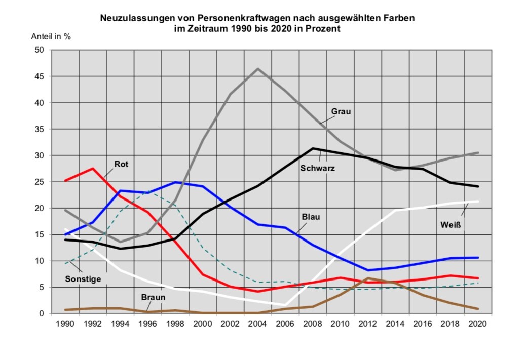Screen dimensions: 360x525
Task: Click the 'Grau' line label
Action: click(x=341, y=111)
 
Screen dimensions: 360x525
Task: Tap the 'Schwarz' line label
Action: click(x=318, y=168)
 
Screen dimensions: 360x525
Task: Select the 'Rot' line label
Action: click(x=121, y=164)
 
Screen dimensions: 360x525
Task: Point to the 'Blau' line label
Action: click(x=311, y=217)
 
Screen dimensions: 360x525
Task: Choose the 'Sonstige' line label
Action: click(x=83, y=278)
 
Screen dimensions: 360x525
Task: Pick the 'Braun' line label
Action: click(x=154, y=297)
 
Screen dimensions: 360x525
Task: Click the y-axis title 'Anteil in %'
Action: click(x=51, y=36)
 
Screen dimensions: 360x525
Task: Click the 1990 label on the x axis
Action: click(x=65, y=323)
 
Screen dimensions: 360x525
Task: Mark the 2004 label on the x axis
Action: click(x=258, y=323)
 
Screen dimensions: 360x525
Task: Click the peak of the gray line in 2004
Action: click(x=258, y=69)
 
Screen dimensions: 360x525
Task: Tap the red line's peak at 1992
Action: click(x=93, y=169)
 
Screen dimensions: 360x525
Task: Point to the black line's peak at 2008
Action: click(x=313, y=148)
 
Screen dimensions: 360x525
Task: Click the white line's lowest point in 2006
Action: click(x=286, y=305)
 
